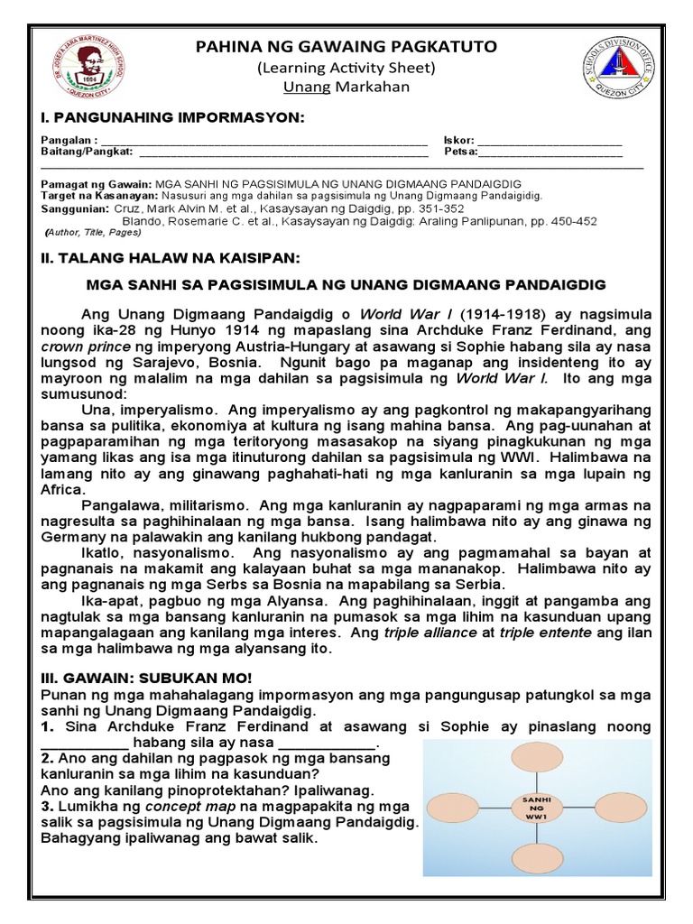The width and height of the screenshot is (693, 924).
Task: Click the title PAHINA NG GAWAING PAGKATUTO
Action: tap(347, 46)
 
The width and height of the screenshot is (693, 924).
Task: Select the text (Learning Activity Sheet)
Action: tap(347, 67)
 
